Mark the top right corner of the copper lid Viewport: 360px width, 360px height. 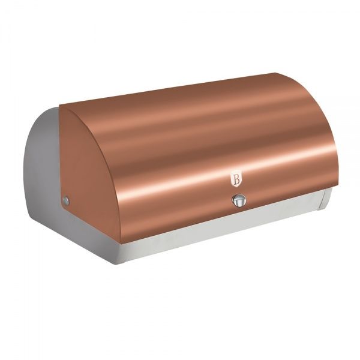pos(276,73)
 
